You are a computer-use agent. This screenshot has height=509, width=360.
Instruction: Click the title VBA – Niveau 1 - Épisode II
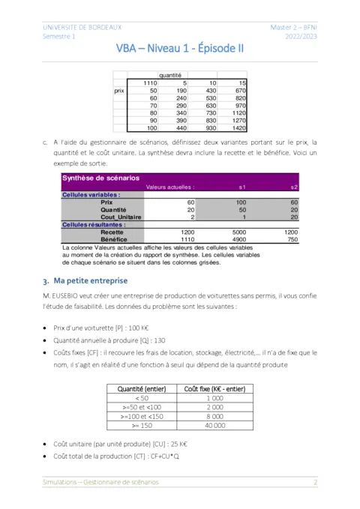[x=180, y=49]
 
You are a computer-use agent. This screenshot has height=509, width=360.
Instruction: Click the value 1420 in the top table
[x=237, y=129]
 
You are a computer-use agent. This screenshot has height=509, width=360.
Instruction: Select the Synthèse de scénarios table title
[x=100, y=178]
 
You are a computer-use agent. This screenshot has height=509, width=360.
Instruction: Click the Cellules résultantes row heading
[x=93, y=224]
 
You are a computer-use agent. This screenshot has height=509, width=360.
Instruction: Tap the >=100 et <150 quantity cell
[x=142, y=416]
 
